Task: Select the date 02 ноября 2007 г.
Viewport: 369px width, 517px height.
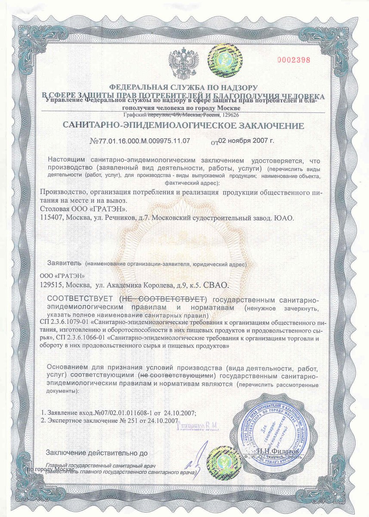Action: coord(246,140)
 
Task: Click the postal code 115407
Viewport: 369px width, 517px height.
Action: coord(50,218)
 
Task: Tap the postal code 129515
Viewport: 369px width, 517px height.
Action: coord(50,285)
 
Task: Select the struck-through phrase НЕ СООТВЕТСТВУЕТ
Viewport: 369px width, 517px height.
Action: coord(164,299)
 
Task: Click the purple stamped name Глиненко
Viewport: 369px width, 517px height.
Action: coord(197,427)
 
